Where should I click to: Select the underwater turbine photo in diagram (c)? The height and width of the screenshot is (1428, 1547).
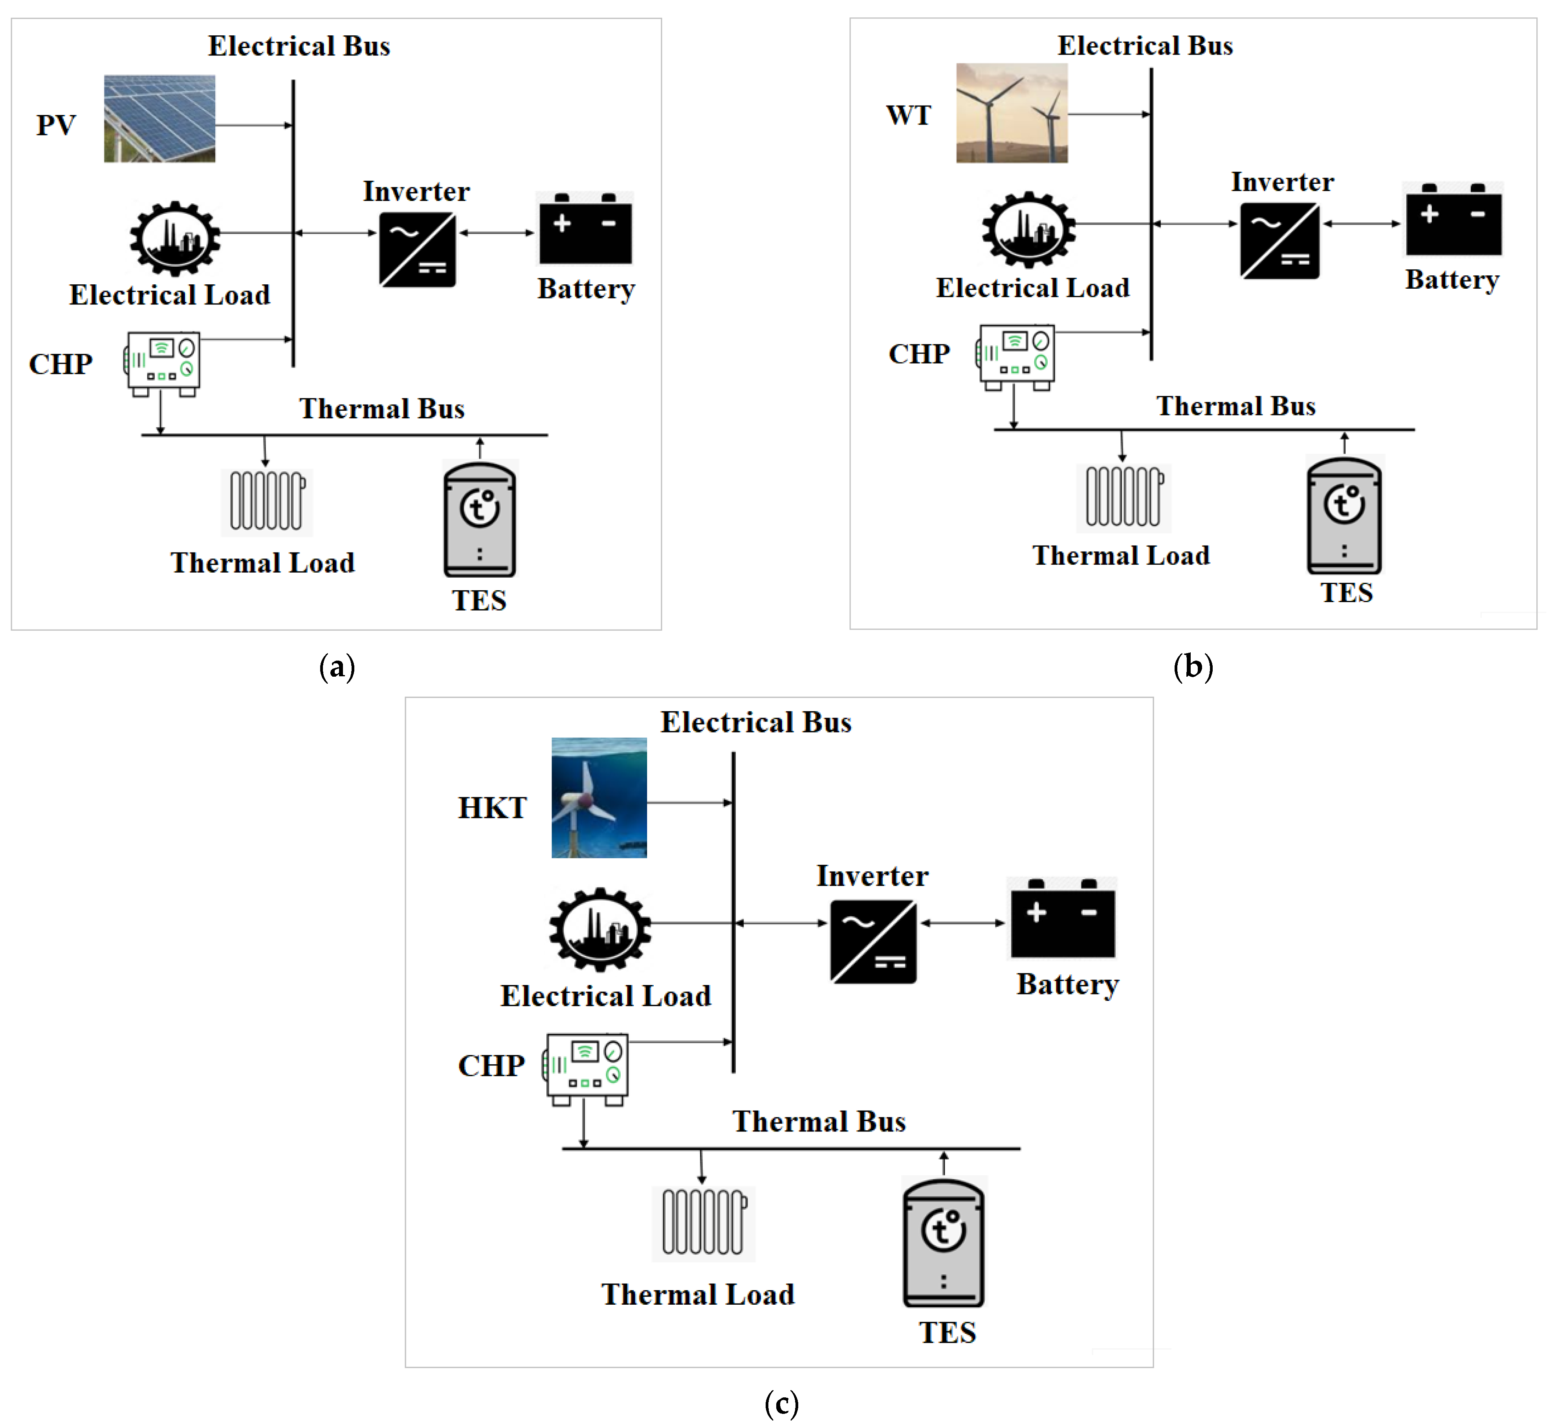pos(599,797)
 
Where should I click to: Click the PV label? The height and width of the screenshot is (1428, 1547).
pos(56,125)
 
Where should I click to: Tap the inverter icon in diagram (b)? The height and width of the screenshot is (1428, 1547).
pos(1279,240)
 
